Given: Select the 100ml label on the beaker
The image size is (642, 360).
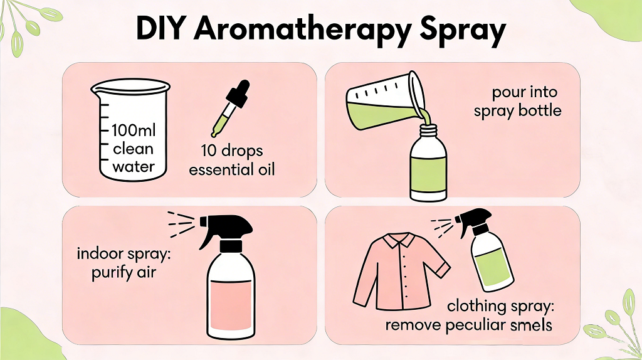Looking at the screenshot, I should (x=132, y=131).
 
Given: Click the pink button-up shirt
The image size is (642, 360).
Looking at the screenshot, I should (x=399, y=276).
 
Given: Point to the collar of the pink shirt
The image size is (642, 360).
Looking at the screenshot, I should (x=399, y=240).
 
